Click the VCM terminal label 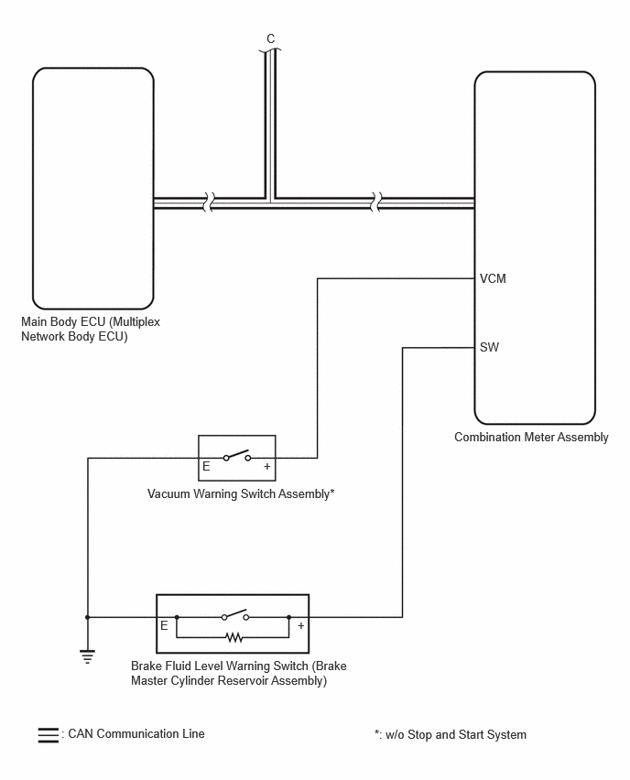493,278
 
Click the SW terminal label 489,347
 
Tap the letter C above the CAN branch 271,38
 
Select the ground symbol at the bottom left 87,656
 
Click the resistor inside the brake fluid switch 234,637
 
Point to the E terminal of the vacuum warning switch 206,466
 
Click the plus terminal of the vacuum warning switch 267,466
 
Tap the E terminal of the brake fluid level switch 164,625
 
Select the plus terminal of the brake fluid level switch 300,625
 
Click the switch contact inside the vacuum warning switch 237,456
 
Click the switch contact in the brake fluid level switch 235,615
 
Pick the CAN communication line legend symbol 49,735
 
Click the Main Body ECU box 93,189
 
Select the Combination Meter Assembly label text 531,438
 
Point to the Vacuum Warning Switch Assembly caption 241,494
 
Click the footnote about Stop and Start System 451,735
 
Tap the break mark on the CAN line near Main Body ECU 209,202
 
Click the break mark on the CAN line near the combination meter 376,202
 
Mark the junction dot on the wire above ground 88,617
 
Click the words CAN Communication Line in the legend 136,733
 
